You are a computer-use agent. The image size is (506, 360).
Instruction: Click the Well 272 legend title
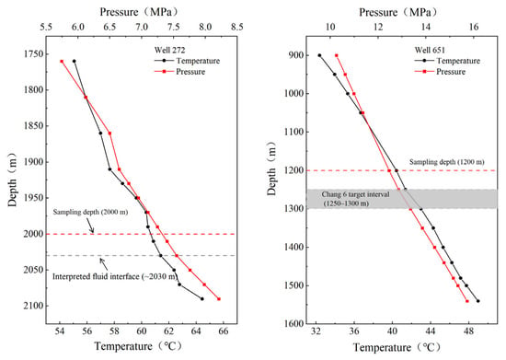(169, 50)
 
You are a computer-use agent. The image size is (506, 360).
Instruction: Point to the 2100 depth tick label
(33, 306)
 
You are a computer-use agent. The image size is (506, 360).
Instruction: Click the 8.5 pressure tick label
(236, 27)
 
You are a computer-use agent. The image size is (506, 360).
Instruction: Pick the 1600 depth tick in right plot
(293, 323)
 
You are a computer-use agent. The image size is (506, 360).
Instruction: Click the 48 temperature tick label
(468, 332)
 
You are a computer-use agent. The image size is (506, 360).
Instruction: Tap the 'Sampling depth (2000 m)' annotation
(90, 212)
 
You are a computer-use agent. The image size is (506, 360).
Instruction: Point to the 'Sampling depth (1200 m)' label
(447, 162)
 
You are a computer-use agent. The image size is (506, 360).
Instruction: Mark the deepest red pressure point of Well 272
(219, 299)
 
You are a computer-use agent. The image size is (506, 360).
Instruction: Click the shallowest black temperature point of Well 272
(75, 61)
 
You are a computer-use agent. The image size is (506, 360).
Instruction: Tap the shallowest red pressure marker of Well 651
(337, 55)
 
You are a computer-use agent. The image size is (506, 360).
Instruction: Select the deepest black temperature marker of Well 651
(477, 301)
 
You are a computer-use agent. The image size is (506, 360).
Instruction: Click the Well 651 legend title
(430, 50)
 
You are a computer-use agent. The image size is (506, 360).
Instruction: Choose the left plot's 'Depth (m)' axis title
(12, 180)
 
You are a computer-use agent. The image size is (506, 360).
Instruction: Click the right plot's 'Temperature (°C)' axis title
(397, 347)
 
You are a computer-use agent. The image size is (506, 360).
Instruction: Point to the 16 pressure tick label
(474, 27)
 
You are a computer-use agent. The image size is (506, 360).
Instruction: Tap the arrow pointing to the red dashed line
(90, 226)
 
